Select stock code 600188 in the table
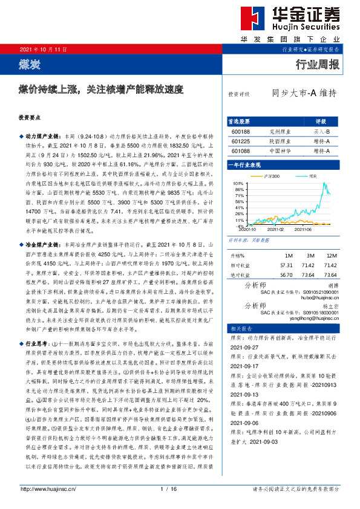point(241,131)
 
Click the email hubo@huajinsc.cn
point(321,297)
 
